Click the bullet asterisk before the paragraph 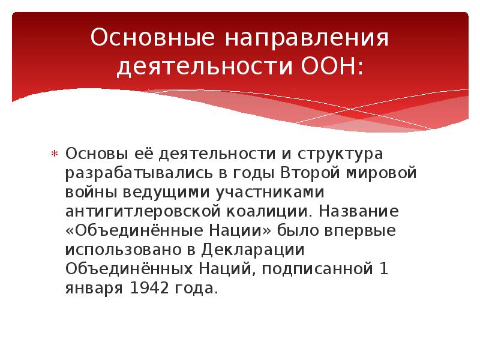(53, 155)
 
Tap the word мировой (382, 173)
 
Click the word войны (88, 192)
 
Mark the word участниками (266, 192)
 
